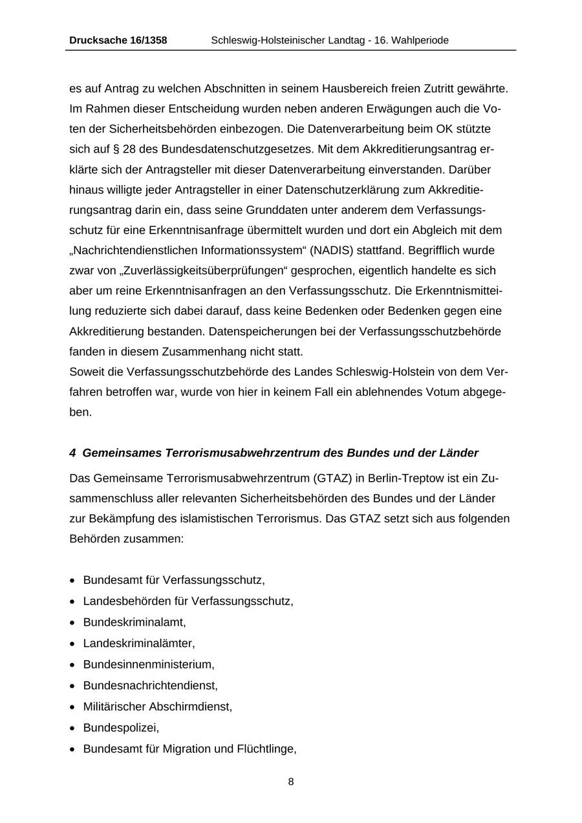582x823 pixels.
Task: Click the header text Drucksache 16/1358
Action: click(118, 40)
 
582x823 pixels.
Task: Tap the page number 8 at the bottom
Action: click(291, 782)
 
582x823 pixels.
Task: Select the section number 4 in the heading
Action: click(72, 453)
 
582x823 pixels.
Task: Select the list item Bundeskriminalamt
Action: click(135, 622)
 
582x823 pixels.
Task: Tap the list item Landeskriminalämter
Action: click(139, 643)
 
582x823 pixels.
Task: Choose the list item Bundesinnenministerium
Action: click(149, 664)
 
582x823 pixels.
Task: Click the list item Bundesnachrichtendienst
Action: click(151, 685)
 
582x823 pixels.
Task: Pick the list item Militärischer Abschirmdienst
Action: click(158, 706)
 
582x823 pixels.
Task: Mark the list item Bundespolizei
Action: click(121, 727)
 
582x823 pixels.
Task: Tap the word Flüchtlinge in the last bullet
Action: click(266, 749)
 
